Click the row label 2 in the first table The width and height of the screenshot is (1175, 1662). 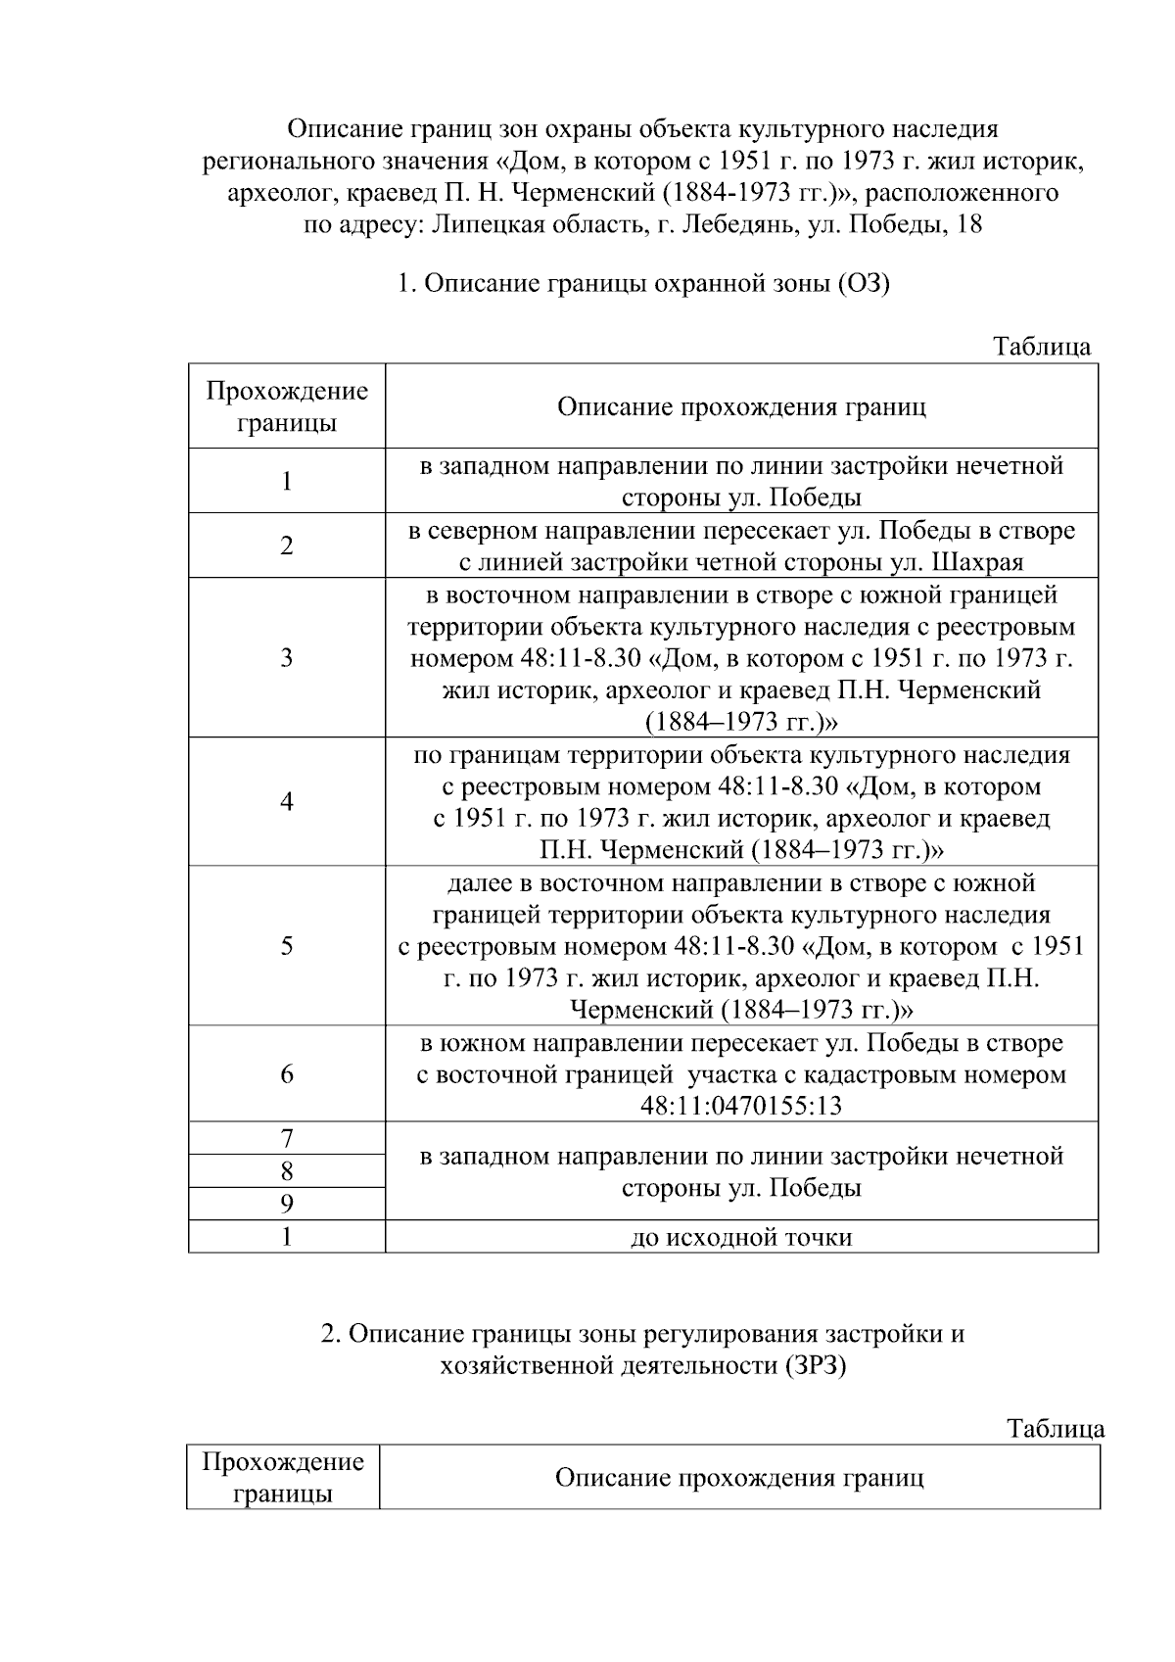click(286, 546)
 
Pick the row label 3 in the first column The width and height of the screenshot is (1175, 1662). click(286, 657)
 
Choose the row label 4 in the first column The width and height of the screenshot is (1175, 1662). click(286, 801)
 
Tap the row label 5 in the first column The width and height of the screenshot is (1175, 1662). click(286, 945)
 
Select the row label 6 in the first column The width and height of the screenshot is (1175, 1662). click(286, 1073)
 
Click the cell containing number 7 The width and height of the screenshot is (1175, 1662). click(286, 1138)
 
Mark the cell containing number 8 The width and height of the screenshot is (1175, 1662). click(286, 1171)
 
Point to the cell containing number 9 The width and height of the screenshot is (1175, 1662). click(286, 1204)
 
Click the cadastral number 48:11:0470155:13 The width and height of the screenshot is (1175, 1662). click(741, 1106)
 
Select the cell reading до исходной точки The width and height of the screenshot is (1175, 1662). click(741, 1237)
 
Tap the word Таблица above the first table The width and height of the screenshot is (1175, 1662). click(1042, 347)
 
